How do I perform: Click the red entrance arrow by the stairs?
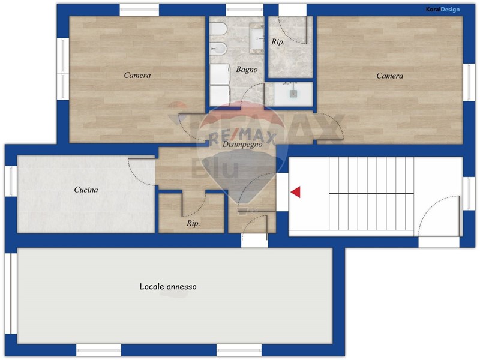(x=296, y=192)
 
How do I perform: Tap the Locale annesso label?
(x=168, y=287)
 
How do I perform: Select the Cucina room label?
(x=86, y=190)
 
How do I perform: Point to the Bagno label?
(x=247, y=70)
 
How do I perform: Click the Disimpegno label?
(x=242, y=144)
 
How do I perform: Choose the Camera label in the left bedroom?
(x=137, y=75)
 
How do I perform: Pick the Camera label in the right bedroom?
(x=389, y=76)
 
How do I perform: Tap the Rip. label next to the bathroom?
(x=278, y=42)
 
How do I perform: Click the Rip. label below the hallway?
(x=193, y=223)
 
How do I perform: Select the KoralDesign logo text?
(x=443, y=10)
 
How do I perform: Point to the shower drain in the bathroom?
(x=293, y=94)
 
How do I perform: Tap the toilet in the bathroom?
(x=218, y=29)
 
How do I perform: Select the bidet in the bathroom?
(x=218, y=49)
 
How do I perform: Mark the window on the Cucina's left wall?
(x=11, y=181)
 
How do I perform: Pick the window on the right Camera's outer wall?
(x=469, y=82)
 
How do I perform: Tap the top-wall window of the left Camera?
(x=139, y=10)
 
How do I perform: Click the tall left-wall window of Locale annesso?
(x=11, y=293)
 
